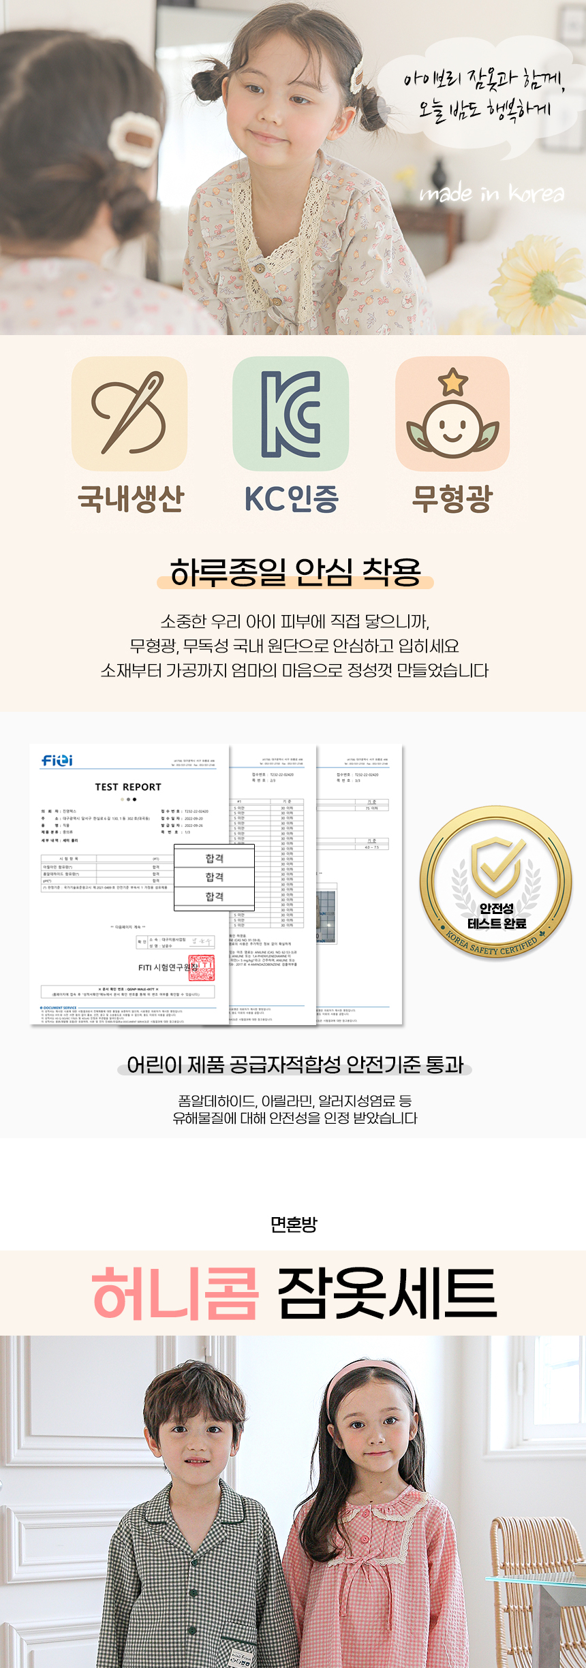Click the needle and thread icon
(x=129, y=413)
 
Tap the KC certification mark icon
(x=291, y=413)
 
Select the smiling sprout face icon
(x=452, y=414)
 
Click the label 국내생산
(x=131, y=498)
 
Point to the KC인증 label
(x=292, y=498)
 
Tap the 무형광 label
(x=452, y=498)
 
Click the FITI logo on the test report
(x=57, y=760)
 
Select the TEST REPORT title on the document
(x=128, y=787)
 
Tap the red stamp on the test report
(x=201, y=967)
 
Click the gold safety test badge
(x=496, y=883)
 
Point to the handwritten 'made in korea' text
(x=492, y=194)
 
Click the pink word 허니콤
(x=175, y=1293)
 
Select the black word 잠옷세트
(x=387, y=1293)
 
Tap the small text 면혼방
(x=294, y=1225)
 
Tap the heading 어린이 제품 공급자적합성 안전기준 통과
(x=295, y=1065)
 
